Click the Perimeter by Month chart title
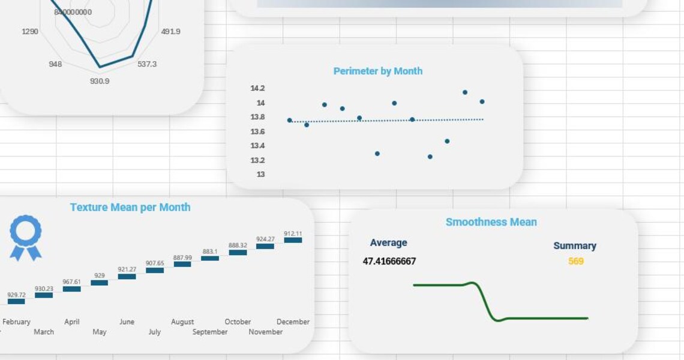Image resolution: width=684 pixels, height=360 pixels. pos(377,71)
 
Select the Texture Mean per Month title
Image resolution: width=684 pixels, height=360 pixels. pos(130,207)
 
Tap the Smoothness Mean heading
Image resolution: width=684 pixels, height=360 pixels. pos(491,222)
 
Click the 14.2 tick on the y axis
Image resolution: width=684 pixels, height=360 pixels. pos(257,88)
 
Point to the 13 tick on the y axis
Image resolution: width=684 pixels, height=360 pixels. pos(260,175)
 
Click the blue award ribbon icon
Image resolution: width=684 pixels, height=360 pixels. pos(26,238)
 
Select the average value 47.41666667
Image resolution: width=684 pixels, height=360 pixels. pos(389,261)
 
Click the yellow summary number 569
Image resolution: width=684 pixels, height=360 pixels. pos(575,261)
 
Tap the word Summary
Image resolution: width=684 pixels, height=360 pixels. pos(574,245)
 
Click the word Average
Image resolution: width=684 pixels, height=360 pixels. pos(388,242)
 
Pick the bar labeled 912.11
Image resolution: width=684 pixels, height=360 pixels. pos(293,240)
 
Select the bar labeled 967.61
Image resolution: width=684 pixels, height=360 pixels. pos(71,289)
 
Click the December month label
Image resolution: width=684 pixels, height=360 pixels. pos(293,322)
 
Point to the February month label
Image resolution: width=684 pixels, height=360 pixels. pos(16,322)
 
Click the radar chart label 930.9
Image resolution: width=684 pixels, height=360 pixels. pos(100,81)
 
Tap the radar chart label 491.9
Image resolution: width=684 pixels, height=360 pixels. pos(170,31)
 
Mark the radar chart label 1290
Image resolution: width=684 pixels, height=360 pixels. pos(30,31)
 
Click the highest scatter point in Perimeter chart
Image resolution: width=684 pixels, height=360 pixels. pos(465,92)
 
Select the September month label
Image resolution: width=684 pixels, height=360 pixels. pos(210,332)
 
